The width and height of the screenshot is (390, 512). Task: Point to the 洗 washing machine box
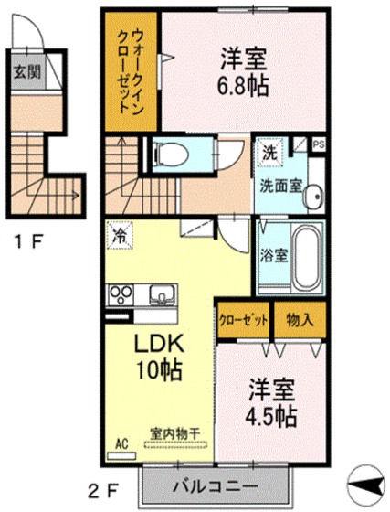click(270, 151)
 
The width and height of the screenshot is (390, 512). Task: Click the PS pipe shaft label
click(318, 144)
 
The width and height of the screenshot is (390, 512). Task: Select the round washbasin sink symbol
click(313, 194)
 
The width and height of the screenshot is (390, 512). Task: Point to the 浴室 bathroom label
click(275, 255)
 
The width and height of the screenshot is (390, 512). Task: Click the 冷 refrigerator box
click(120, 236)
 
